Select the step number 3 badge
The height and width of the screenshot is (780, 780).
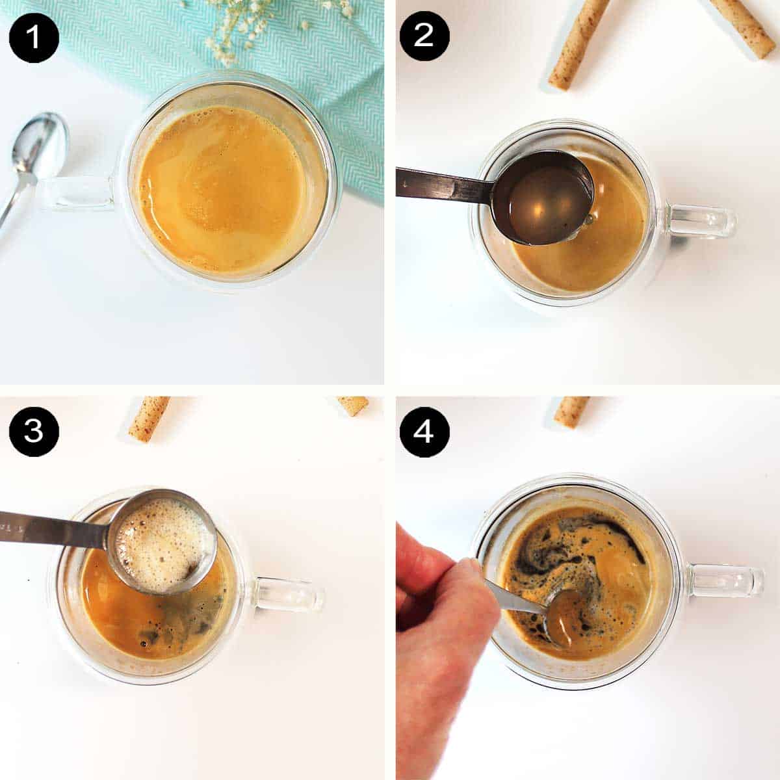[34, 431]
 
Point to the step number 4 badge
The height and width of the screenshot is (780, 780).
[424, 431]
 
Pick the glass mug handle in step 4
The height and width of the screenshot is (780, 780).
[728, 580]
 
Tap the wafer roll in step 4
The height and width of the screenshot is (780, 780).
[572, 411]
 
